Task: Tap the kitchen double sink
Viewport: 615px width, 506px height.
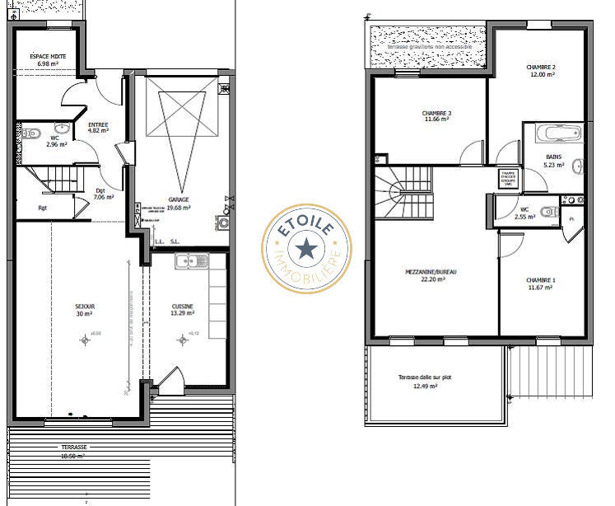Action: [192, 261]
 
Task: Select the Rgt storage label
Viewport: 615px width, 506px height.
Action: [42, 208]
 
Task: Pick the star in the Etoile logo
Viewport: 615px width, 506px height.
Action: [306, 246]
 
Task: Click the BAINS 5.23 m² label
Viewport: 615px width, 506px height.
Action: [554, 160]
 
